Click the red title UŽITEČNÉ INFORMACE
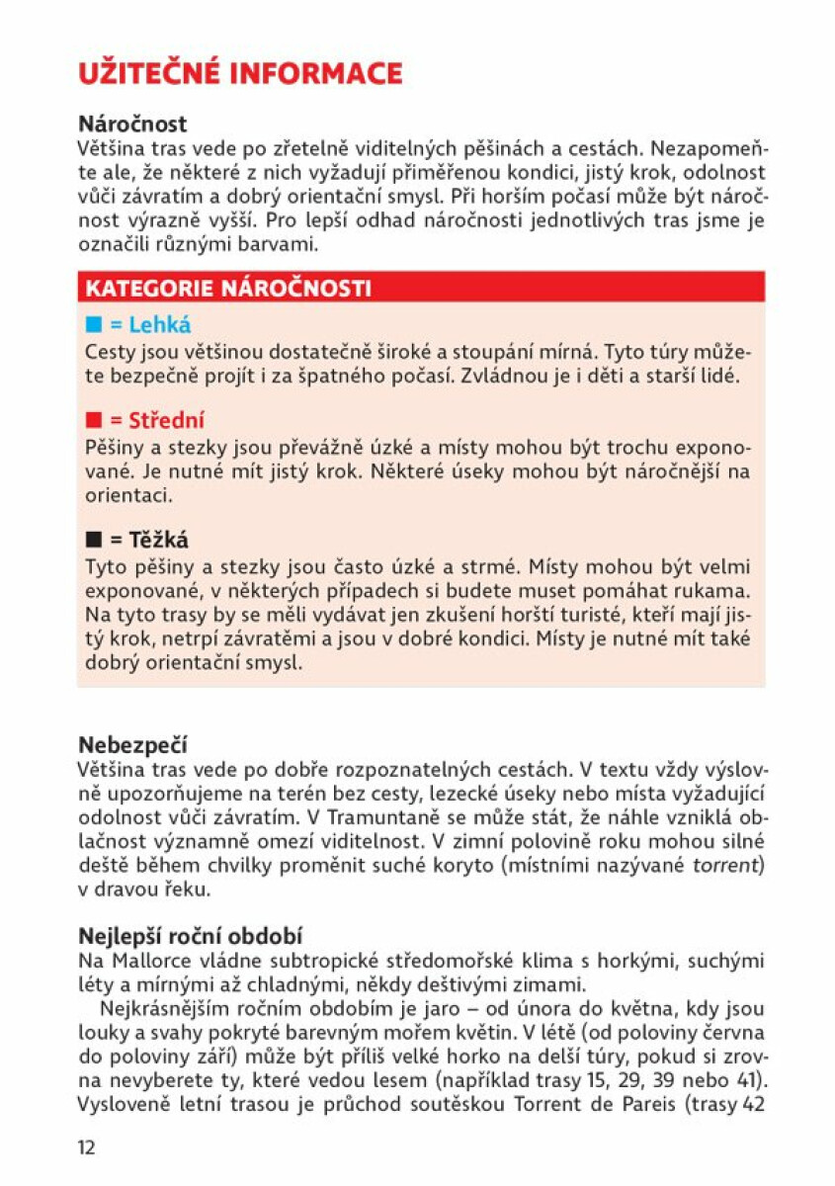coord(240,74)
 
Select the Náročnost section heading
coord(132,125)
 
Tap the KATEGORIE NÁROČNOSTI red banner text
coord(228,289)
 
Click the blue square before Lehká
coord(94,325)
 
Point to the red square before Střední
coord(94,421)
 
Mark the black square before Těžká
coord(94,541)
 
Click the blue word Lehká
coord(159,325)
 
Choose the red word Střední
coord(166,421)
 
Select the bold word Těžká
coord(158,541)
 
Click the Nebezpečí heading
coord(132,745)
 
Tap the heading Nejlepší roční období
coord(190,935)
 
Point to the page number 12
coord(87,1147)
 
